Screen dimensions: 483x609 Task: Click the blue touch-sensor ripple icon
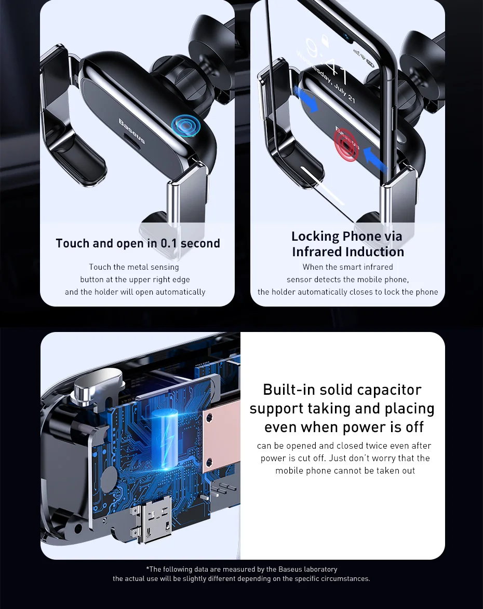(x=186, y=126)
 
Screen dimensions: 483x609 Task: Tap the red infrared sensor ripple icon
(x=346, y=145)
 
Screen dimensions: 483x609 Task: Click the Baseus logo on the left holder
(x=132, y=131)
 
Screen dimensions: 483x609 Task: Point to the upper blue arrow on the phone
(x=306, y=99)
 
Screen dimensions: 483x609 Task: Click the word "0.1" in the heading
(x=169, y=243)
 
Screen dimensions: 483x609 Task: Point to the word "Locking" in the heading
(x=315, y=237)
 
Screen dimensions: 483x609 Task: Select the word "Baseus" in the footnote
(x=289, y=570)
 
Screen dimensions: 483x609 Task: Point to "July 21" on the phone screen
(x=344, y=93)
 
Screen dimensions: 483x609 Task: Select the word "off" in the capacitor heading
(x=414, y=427)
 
